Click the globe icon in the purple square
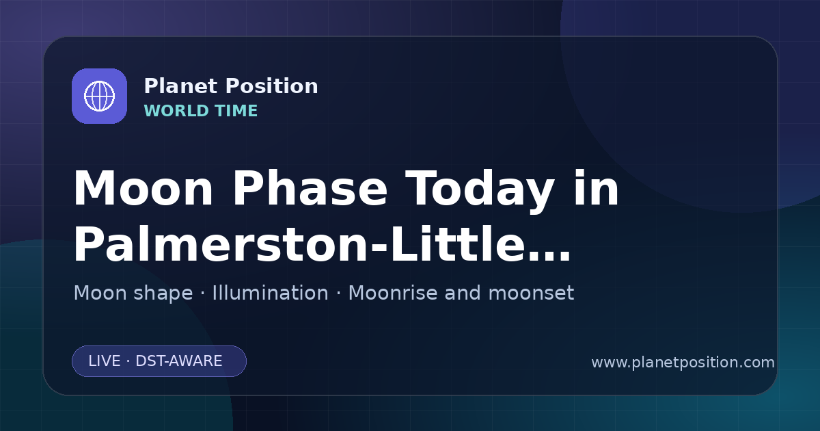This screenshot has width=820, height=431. (x=100, y=96)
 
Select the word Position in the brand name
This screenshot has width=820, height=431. (x=272, y=86)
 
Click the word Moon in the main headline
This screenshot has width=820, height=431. (x=143, y=188)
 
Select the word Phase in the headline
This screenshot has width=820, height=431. (x=310, y=188)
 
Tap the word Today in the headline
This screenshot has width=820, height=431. (x=480, y=191)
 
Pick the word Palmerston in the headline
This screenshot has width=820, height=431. (x=220, y=244)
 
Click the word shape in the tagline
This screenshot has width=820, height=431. (x=163, y=294)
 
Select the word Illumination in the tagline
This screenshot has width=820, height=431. (x=270, y=293)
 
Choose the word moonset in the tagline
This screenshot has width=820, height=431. (x=531, y=293)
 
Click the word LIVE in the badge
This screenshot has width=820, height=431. (x=105, y=361)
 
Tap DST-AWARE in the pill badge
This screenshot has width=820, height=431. (x=178, y=361)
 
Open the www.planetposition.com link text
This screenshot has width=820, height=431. (x=683, y=363)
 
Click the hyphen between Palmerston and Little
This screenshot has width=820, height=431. (x=379, y=247)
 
